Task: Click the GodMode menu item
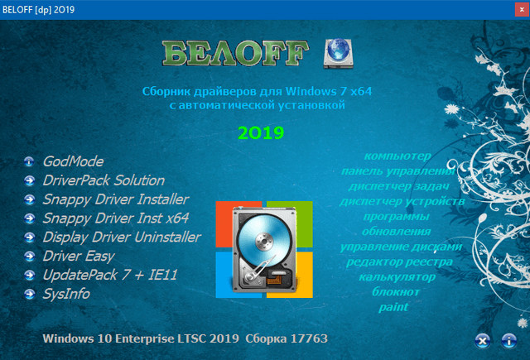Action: pyautogui.click(x=73, y=161)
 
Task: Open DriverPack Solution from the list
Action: pyautogui.click(x=103, y=180)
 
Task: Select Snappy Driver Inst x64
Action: pyautogui.click(x=115, y=218)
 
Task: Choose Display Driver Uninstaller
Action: pyautogui.click(x=121, y=238)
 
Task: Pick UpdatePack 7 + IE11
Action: pyautogui.click(x=110, y=275)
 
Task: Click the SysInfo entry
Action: pyautogui.click(x=65, y=294)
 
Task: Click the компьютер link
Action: pyautogui.click(x=397, y=156)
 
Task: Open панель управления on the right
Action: pyautogui.click(x=397, y=171)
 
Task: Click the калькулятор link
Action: pyautogui.click(x=397, y=276)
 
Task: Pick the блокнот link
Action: pyautogui.click(x=397, y=291)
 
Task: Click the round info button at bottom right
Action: pyautogui.click(x=508, y=339)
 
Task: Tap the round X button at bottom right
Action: pyautogui.click(x=482, y=339)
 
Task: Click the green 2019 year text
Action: pyautogui.click(x=261, y=132)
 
